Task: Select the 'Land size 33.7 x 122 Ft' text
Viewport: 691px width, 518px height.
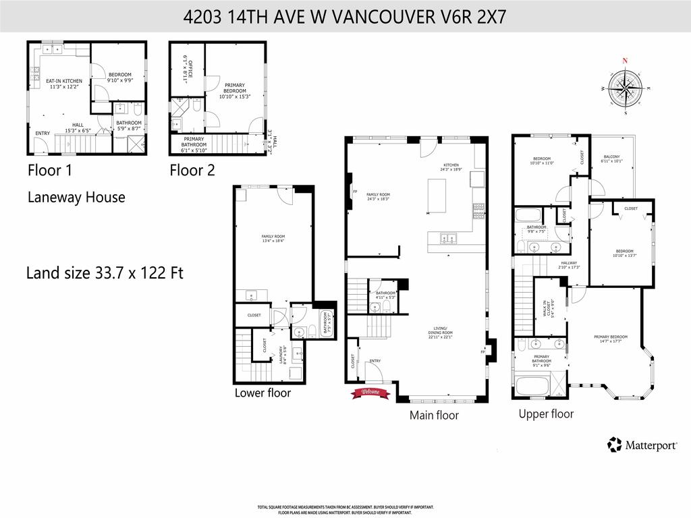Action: [105, 273]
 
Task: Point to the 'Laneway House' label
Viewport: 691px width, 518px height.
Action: [76, 198]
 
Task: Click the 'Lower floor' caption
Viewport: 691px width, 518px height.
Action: [262, 393]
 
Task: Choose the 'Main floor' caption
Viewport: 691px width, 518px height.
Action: [434, 415]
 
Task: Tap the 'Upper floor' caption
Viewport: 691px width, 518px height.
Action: [546, 413]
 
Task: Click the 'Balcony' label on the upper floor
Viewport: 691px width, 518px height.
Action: [611, 160]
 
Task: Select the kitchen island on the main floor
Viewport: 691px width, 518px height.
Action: [437, 196]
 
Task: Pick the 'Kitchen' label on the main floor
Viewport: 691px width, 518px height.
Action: [451, 167]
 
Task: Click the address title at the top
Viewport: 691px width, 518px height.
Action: [345, 16]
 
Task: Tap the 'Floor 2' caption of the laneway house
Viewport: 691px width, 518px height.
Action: [192, 171]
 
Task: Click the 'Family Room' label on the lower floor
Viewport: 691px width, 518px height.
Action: [273, 239]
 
